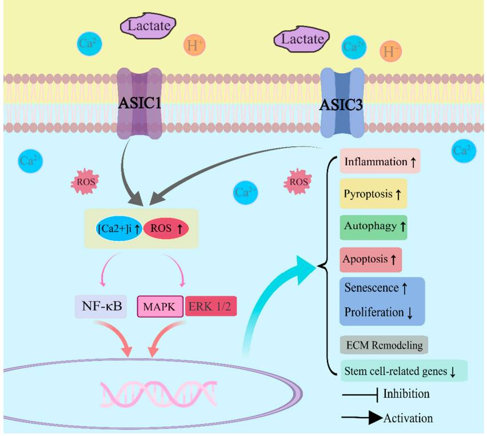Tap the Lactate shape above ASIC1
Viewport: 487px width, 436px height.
pos(147,25)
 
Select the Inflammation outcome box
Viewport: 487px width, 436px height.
pos(380,162)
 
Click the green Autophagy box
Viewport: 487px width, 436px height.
pos(374,226)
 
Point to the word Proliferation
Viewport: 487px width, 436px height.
pos(374,313)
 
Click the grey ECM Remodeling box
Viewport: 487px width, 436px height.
pos(384,346)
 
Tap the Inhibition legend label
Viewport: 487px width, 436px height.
pos(406,394)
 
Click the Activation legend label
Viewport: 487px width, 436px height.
pos(408,418)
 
